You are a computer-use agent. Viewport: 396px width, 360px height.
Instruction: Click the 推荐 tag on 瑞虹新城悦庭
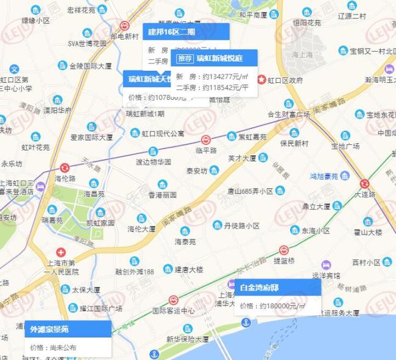click(x=186, y=58)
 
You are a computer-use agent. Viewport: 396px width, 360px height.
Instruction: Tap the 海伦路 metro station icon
click(x=65, y=168)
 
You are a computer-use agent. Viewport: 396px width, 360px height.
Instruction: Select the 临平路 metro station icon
click(x=206, y=139)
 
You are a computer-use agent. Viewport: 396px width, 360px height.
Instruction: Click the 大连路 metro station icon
click(x=364, y=183)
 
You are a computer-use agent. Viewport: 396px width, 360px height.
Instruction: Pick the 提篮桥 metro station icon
click(x=283, y=250)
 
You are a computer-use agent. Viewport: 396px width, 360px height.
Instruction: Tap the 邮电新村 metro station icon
click(x=124, y=26)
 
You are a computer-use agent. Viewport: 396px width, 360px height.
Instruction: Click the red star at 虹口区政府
click(x=262, y=80)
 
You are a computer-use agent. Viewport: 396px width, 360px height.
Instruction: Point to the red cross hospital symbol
click(x=60, y=252)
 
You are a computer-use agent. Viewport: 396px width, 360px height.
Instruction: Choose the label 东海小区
click(x=315, y=231)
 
